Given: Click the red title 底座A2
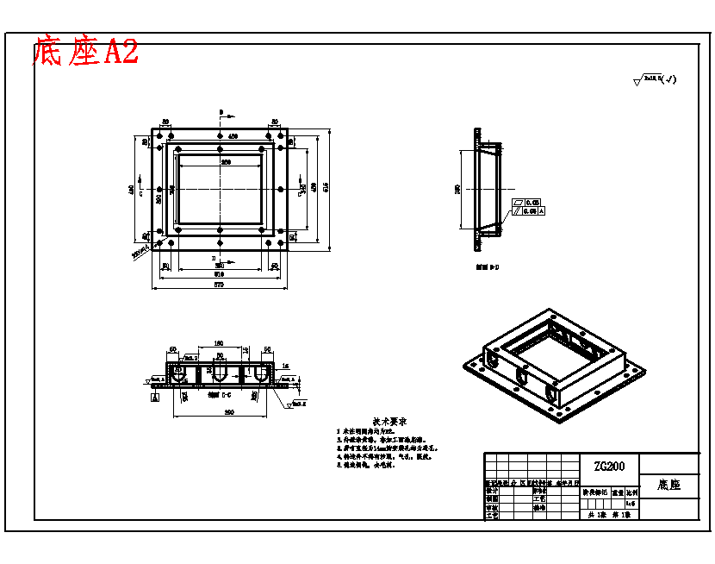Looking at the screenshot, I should [x=84, y=52].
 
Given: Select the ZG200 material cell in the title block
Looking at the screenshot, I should [x=608, y=466].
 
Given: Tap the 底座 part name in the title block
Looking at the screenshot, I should [x=668, y=486].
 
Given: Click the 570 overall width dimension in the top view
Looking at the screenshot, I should [x=219, y=285].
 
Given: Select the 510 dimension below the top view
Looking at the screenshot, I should [x=219, y=274].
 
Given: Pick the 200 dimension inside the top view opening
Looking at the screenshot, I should [x=226, y=161].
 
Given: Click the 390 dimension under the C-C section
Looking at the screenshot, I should [x=229, y=412].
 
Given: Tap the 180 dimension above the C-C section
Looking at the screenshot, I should [x=219, y=343].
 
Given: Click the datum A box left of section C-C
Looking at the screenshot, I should [x=154, y=399].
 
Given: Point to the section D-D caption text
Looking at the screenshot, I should [x=488, y=268].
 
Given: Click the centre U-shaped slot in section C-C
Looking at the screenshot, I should [x=220, y=373].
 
